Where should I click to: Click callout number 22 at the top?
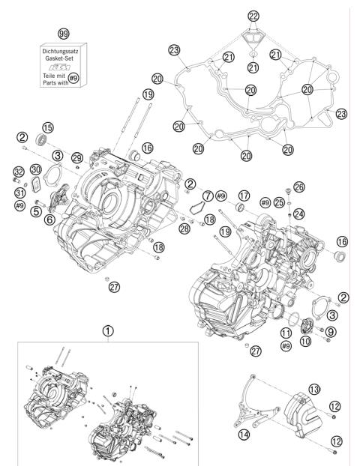[254, 16]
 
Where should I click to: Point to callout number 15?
[49, 127]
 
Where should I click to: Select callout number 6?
[49, 220]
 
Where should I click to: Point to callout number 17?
[244, 196]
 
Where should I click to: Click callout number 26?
[299, 186]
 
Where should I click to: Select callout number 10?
[306, 341]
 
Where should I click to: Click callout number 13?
[314, 388]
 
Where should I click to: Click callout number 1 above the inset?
[109, 329]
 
